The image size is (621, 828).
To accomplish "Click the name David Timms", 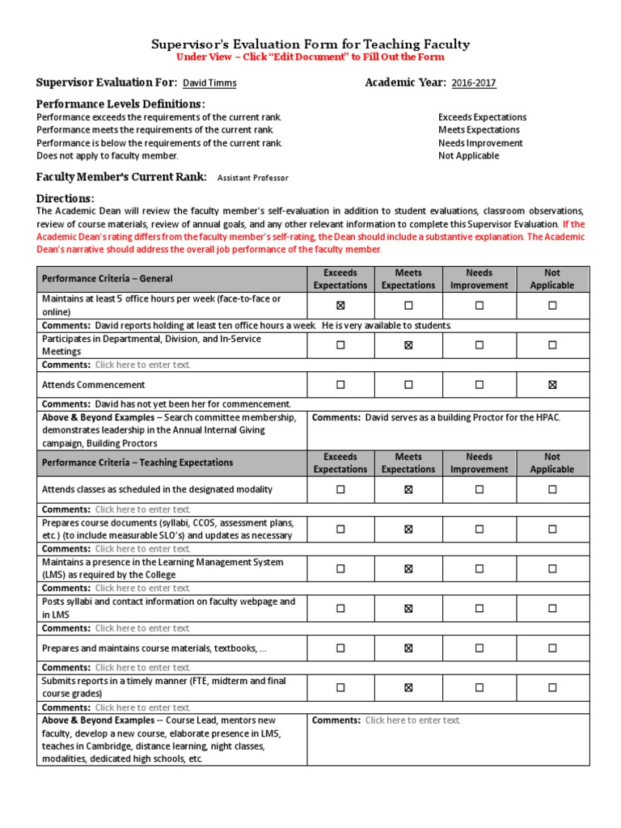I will click(209, 83).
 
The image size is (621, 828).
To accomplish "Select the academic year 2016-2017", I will click(474, 83).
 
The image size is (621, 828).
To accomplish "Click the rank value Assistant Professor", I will click(253, 178).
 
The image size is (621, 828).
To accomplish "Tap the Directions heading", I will click(65, 199).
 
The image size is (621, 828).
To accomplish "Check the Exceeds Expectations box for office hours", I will click(340, 306).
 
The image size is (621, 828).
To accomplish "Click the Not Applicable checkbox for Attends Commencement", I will click(552, 385).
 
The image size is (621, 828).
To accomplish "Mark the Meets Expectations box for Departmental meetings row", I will click(408, 345).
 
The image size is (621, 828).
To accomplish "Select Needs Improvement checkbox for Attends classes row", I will click(479, 489).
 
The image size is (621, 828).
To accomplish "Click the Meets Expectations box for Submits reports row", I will click(408, 688).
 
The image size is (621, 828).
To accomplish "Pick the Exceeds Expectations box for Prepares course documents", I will click(340, 530).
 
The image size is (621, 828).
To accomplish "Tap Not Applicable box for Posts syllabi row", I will click(552, 609).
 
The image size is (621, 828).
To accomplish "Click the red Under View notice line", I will click(310, 57).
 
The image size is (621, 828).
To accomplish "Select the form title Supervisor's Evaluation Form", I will click(310, 44).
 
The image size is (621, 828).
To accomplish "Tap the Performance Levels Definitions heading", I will click(120, 104).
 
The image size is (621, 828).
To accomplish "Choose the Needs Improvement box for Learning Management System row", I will click(479, 569).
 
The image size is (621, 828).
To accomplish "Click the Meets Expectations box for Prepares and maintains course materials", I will click(408, 648).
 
